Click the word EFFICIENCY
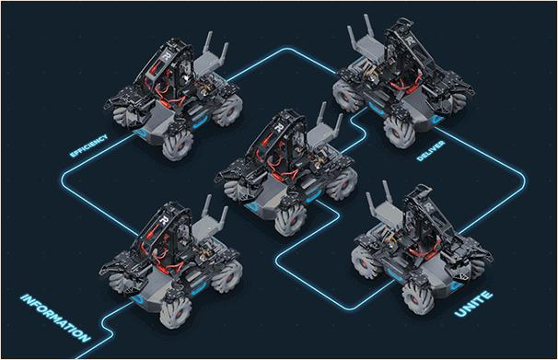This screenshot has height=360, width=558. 88,145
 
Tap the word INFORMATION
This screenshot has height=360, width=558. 55,318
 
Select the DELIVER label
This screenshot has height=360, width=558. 431,150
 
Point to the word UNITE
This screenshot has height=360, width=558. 473,304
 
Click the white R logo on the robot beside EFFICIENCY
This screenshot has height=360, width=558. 166,56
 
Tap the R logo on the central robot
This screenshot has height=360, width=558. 279,127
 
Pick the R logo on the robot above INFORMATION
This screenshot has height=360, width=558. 163,220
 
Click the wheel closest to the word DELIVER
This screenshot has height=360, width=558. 399,132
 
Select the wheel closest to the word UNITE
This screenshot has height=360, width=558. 418,297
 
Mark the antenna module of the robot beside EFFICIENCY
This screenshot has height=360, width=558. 211,60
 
